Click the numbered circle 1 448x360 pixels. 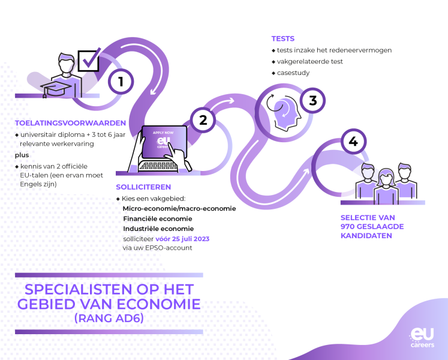pos(121,82)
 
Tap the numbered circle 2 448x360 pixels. pos(203,120)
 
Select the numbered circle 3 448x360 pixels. pos(312,100)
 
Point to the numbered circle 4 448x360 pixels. pos(353,141)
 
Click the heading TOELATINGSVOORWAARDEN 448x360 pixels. pos(70,123)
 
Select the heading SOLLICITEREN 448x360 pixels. pos(143,187)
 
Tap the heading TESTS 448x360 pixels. pos(283,38)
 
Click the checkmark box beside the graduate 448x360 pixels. pos(89,60)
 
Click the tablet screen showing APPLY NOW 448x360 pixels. pos(164,142)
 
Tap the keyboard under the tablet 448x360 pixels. pos(157,166)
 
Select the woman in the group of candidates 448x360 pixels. pos(386,187)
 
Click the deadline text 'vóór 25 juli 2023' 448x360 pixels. pos(182,239)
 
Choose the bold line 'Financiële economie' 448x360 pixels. pos(157,219)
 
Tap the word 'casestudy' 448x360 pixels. pos(293,73)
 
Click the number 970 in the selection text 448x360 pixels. pos(347,226)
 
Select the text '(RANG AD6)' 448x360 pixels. pos(109,318)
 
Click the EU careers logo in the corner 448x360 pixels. pos(422,337)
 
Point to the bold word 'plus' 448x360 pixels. pos(22,155)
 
